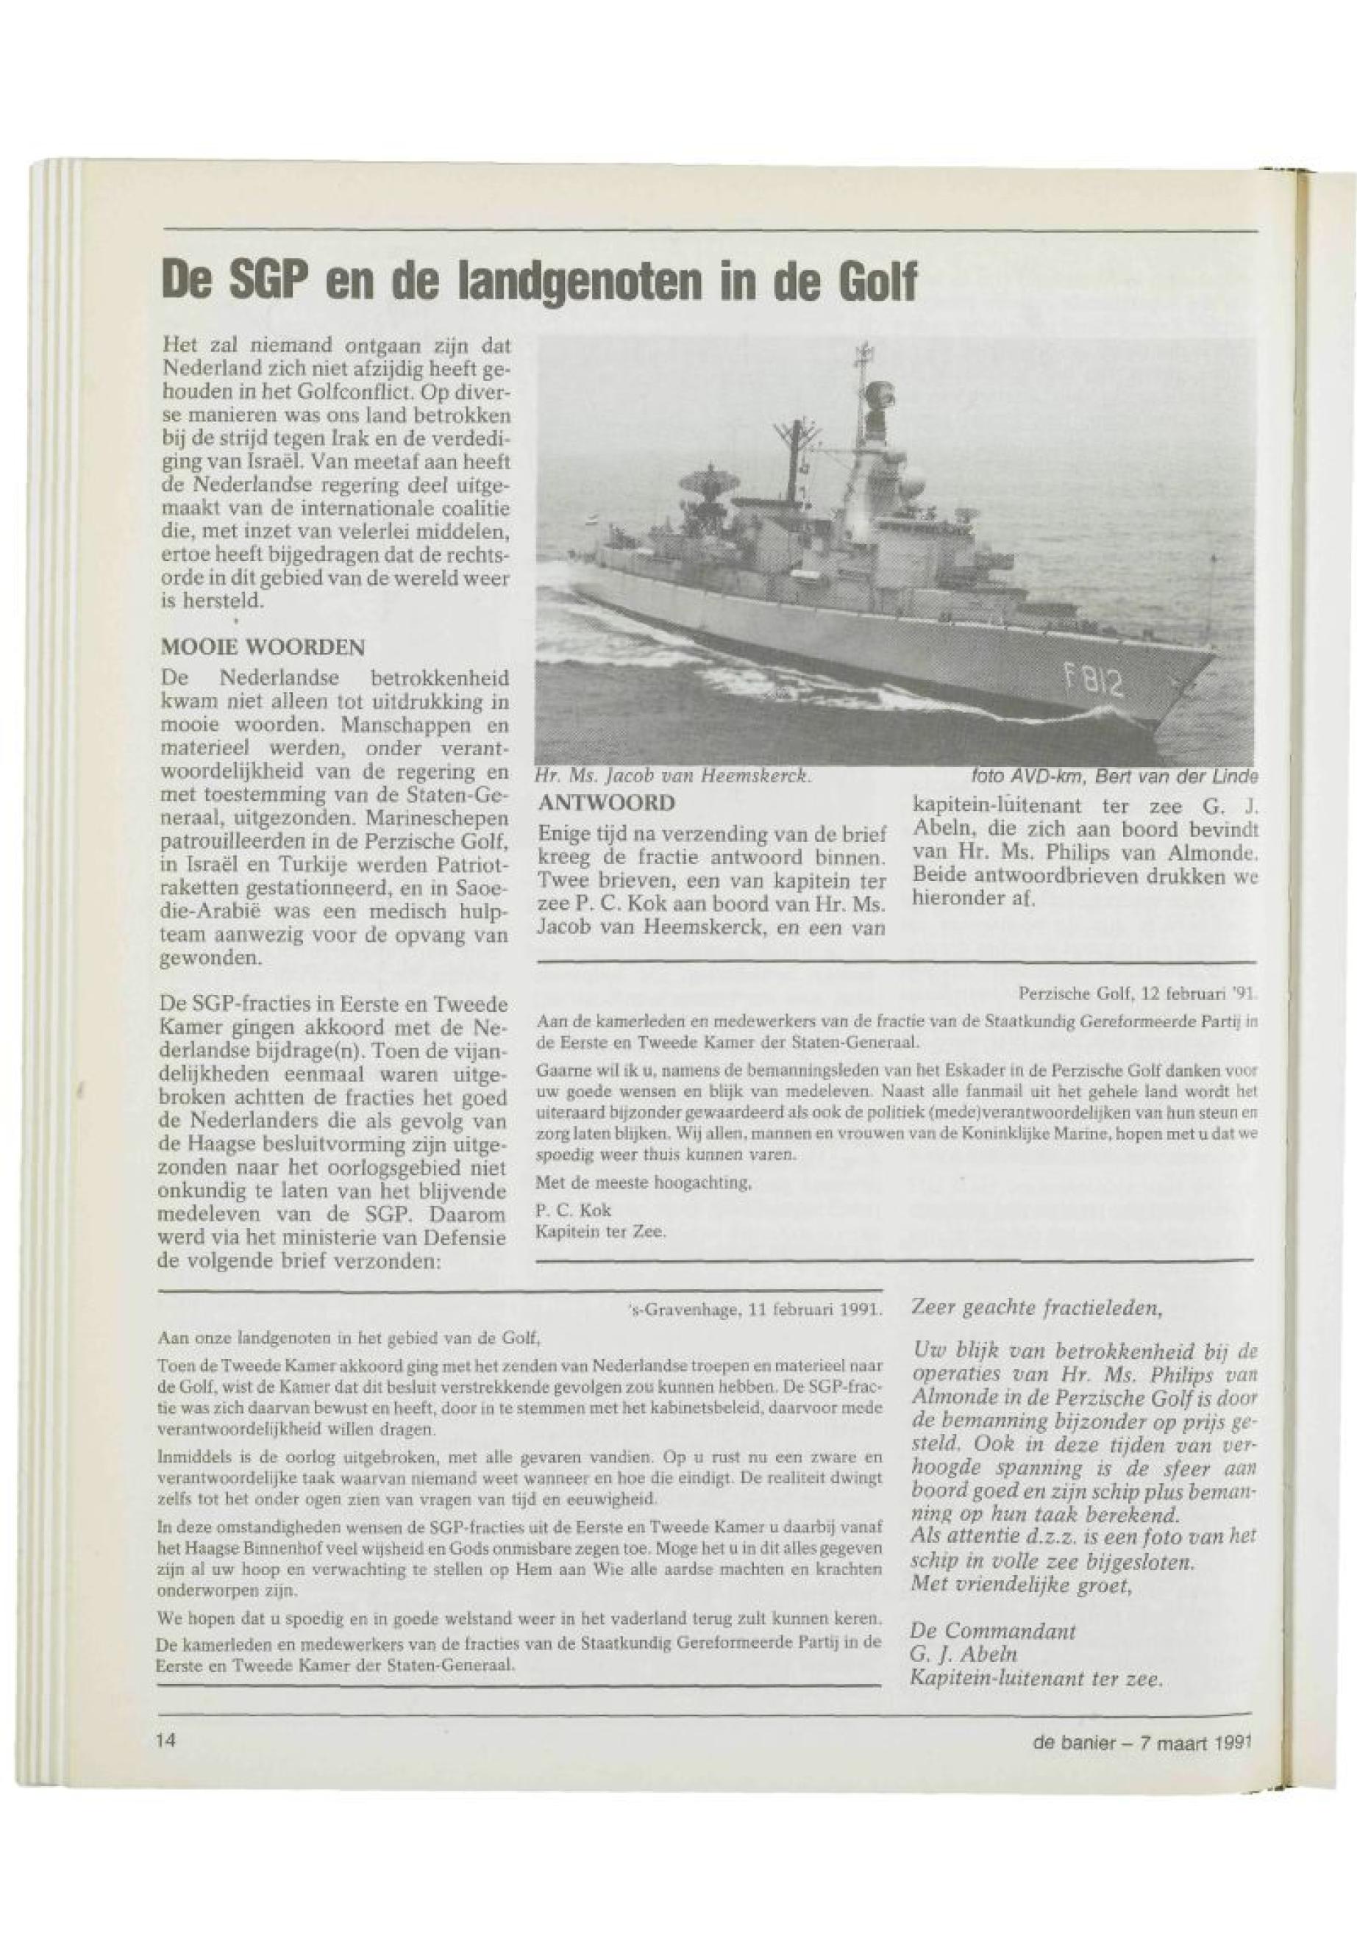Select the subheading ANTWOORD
click(604, 802)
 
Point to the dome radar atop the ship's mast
click(877, 396)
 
